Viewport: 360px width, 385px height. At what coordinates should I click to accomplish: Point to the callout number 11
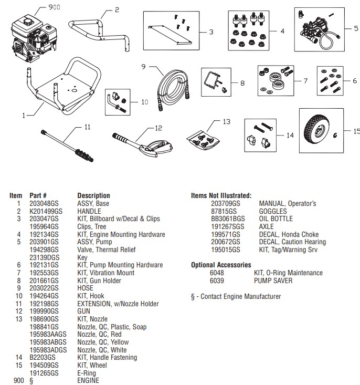pyautogui.click(x=88, y=127)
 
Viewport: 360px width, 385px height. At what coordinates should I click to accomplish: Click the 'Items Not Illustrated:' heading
pyautogui.click(x=221, y=195)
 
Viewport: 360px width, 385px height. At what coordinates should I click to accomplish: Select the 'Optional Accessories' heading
pyautogui.click(x=221, y=265)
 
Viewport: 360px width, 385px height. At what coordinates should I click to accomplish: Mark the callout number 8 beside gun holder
pyautogui.click(x=242, y=82)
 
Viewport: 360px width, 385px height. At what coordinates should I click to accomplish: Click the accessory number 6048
pyautogui.click(x=217, y=273)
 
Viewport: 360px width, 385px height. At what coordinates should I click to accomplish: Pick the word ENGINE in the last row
pyautogui.click(x=88, y=381)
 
